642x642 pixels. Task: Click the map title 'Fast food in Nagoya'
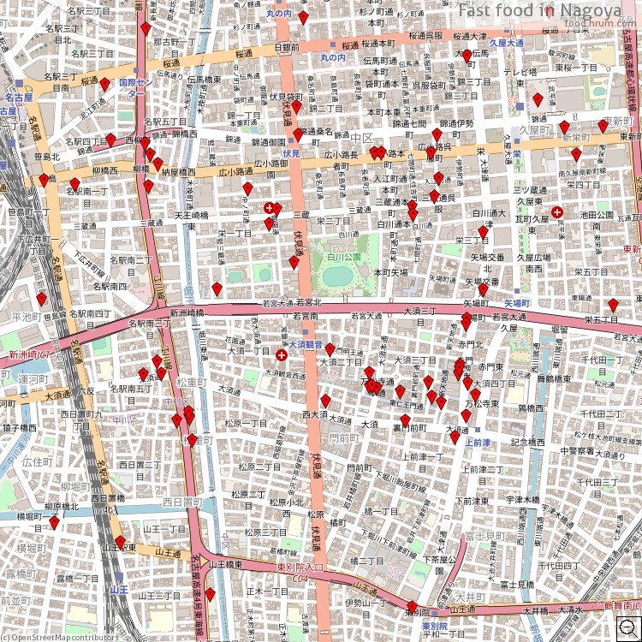[539, 10]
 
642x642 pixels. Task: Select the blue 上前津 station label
[478, 443]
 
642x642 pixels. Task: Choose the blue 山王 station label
[118, 589]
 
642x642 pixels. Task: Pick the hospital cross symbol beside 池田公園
[557, 211]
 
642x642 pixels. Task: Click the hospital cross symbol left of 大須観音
[281, 354]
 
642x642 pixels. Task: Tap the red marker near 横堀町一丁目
[54, 522]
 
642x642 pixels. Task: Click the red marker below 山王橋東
[210, 594]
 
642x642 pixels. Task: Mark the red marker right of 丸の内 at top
[303, 17]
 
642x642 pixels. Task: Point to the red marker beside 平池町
[41, 300]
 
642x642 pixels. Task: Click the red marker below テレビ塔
[538, 99]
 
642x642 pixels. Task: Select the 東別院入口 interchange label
[300, 568]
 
